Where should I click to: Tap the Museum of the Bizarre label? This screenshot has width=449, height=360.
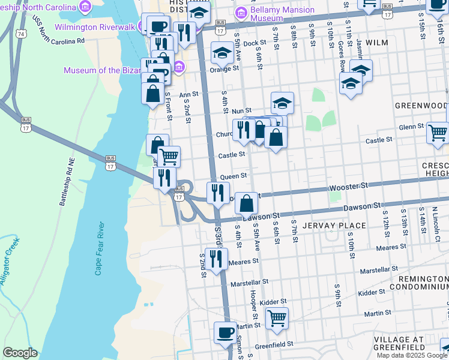click(x=104, y=70)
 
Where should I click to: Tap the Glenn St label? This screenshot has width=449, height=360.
click(x=411, y=127)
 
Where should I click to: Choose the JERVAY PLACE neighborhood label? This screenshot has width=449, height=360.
click(x=335, y=226)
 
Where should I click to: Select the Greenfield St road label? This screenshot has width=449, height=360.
click(x=273, y=344)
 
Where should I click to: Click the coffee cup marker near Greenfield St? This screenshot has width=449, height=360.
click(x=226, y=333)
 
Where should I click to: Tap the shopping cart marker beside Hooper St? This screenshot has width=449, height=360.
click(x=277, y=318)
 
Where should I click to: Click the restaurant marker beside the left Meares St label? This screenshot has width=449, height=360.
click(x=217, y=259)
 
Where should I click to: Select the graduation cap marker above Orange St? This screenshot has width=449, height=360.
click(x=222, y=53)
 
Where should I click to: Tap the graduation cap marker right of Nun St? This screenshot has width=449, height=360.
click(x=282, y=103)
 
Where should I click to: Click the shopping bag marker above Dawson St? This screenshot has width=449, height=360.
click(x=247, y=203)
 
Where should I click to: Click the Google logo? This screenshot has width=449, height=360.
click(x=20, y=353)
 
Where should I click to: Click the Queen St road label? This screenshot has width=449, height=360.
click(x=233, y=176)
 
